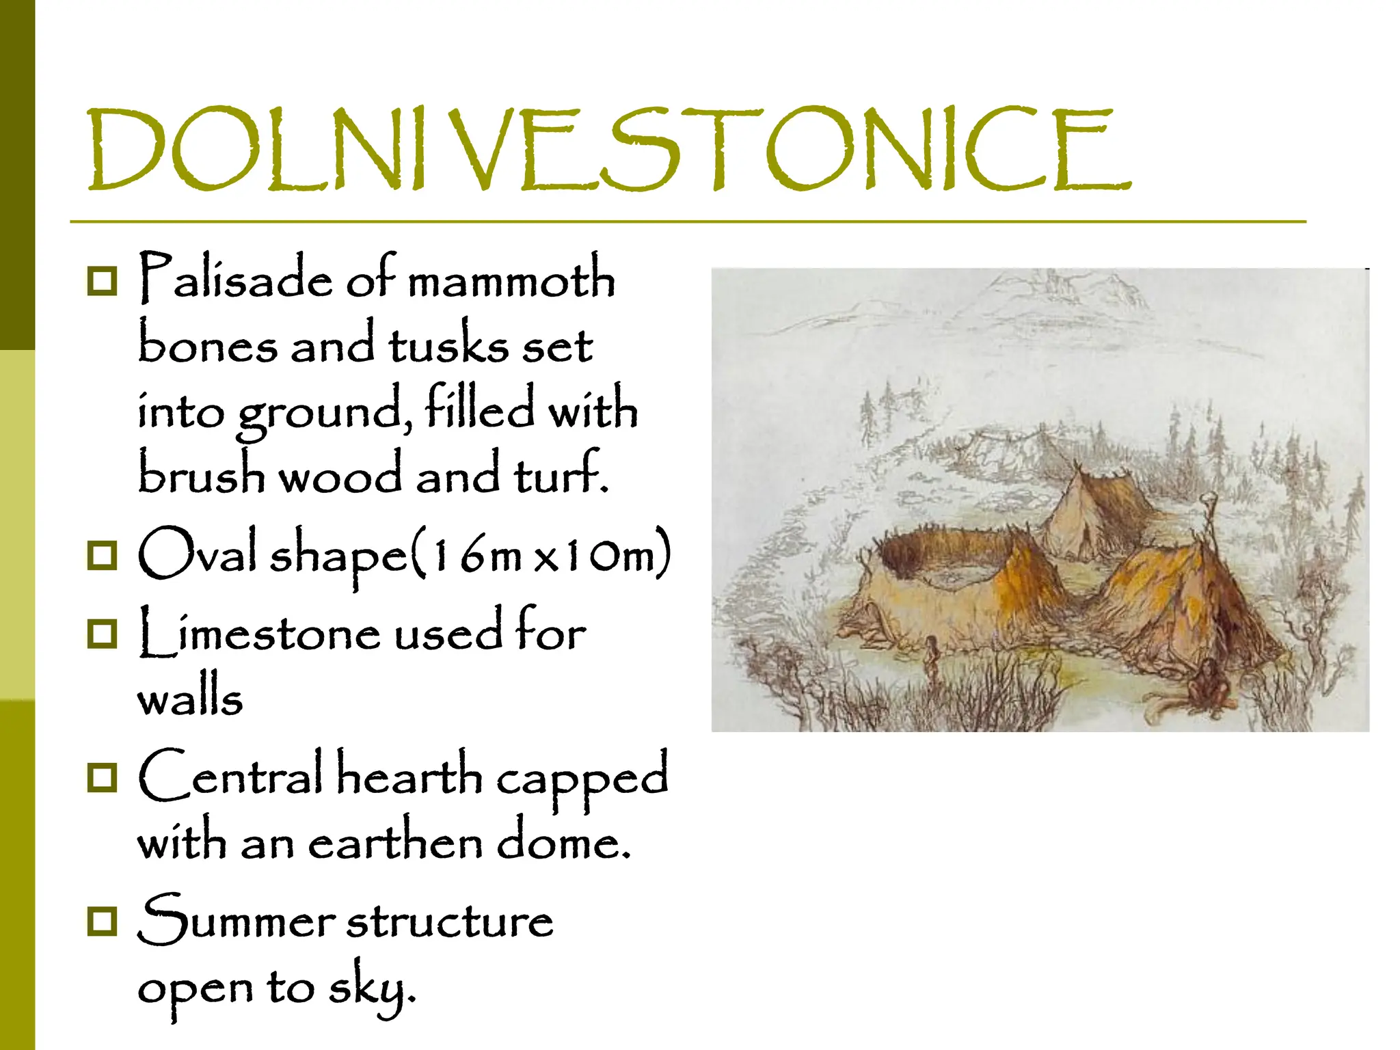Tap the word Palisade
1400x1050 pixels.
pyautogui.click(x=236, y=279)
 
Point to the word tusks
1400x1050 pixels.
pyautogui.click(x=448, y=344)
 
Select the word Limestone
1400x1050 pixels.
pyautogui.click(x=259, y=633)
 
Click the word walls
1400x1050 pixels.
pyautogui.click(x=190, y=699)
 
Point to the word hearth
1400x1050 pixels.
pyautogui.click(x=409, y=776)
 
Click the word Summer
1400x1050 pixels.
pyautogui.click(x=236, y=920)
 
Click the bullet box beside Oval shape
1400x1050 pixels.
pyautogui.click(x=103, y=555)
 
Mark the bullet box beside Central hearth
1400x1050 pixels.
pyautogui.click(x=103, y=777)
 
